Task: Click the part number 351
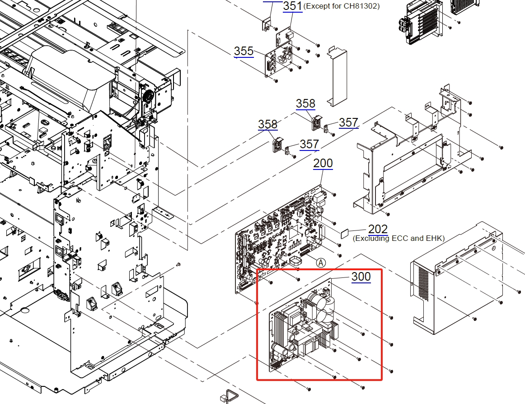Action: tap(292, 6)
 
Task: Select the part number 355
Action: tap(244, 51)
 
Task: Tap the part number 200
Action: tap(323, 163)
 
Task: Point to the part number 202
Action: tap(378, 229)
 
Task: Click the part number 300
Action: tap(361, 276)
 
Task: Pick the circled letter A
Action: tap(321, 262)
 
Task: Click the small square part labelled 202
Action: tap(345, 232)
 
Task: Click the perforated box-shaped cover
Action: tap(456, 276)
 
